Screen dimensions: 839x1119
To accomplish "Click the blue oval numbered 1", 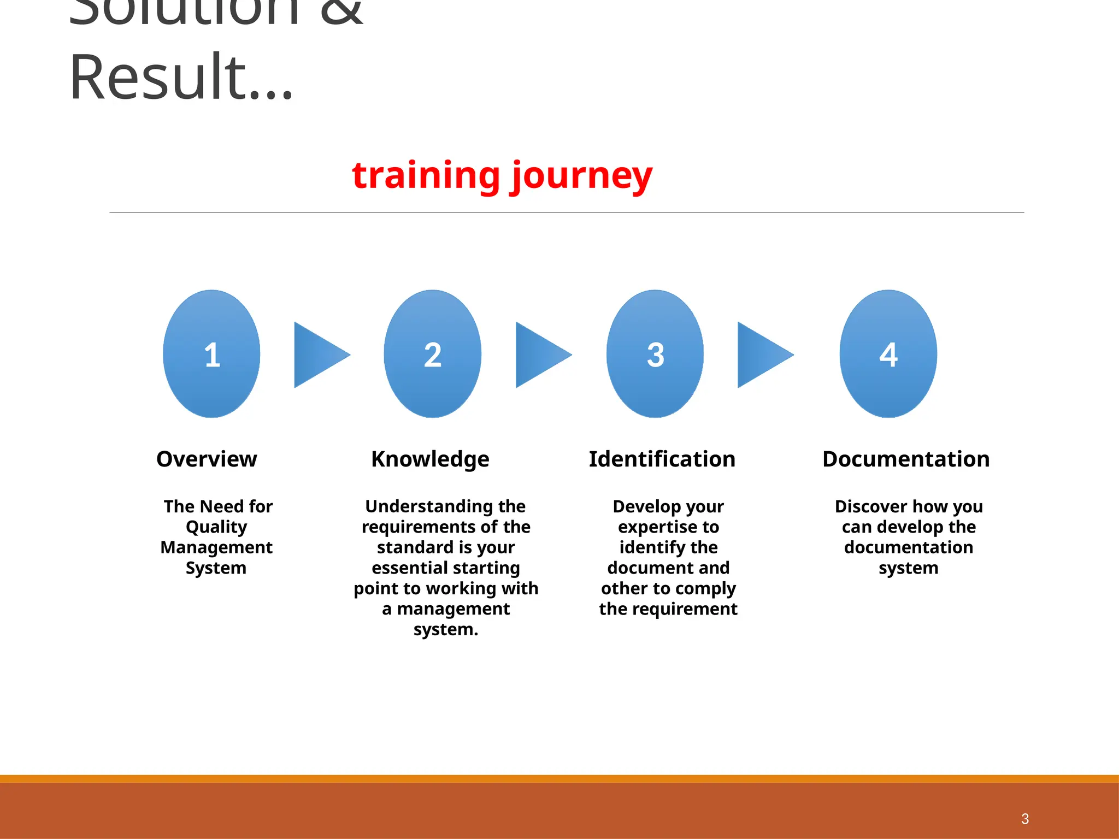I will click(x=211, y=354).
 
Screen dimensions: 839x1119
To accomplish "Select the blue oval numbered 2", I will click(x=432, y=354).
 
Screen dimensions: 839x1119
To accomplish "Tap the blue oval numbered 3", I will click(x=655, y=354).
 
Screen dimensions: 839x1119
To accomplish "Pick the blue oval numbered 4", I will click(x=888, y=354).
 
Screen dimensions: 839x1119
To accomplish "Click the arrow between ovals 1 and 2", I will click(x=318, y=354).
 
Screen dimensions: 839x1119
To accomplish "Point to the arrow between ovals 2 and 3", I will click(x=540, y=354).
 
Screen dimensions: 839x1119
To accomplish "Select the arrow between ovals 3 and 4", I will click(x=762, y=354).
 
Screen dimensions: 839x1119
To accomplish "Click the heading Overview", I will click(x=207, y=459).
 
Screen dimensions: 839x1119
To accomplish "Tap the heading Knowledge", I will click(x=430, y=459).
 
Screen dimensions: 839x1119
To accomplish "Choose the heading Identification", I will click(x=662, y=459).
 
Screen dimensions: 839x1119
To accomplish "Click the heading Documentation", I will click(x=906, y=459).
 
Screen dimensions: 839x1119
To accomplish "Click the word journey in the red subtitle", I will click(x=581, y=176).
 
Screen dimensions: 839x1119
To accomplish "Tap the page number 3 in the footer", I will click(x=1024, y=819).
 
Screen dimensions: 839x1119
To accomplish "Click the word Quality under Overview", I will click(x=216, y=527).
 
